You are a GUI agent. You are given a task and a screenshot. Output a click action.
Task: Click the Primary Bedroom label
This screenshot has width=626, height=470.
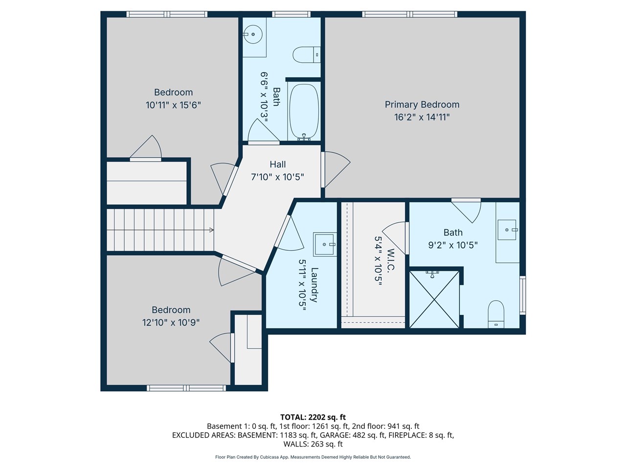pos(422,104)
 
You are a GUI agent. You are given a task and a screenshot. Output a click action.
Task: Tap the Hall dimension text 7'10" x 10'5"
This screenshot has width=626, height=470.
pos(277,177)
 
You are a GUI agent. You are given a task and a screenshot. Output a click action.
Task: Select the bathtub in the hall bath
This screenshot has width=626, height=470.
pos(304,112)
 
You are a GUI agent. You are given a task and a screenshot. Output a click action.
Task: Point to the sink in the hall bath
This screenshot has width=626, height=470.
pos(253,34)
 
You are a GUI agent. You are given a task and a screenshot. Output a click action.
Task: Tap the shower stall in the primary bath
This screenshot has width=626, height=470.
pos(434,299)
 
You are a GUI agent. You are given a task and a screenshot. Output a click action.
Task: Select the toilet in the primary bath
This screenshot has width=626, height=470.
pos(496,314)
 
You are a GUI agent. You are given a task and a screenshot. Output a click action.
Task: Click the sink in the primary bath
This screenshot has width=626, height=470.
pos(507,230)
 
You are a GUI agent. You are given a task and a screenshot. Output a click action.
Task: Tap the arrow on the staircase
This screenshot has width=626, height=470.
pos(211,230)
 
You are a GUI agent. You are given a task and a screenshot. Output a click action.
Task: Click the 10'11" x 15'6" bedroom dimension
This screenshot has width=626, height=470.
pos(173,105)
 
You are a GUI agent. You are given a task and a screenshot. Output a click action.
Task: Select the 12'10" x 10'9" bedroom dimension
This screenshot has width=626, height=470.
pos(171,323)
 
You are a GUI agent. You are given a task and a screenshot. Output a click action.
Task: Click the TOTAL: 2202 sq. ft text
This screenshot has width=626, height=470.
pos(313,417)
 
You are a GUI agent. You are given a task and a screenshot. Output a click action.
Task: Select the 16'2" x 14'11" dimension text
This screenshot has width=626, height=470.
pos(422,117)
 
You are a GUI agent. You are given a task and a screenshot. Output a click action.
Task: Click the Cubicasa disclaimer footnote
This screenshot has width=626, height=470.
pos(313,457)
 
